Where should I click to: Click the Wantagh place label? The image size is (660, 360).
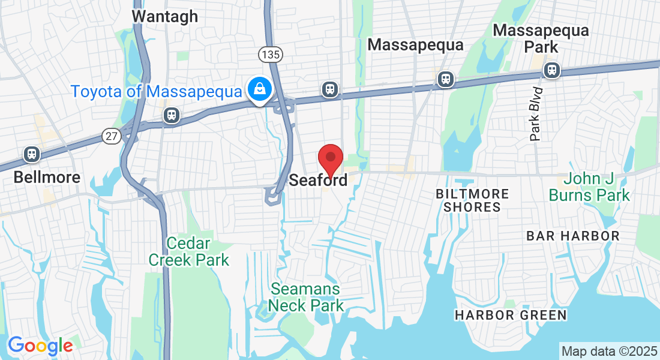(x=164, y=16)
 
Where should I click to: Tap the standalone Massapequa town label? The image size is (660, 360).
(x=415, y=45)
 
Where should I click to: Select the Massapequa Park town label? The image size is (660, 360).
(x=541, y=38)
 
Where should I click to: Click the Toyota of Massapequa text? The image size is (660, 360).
(x=156, y=92)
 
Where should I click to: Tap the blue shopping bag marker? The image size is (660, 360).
(x=259, y=89)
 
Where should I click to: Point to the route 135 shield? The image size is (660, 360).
(x=271, y=55)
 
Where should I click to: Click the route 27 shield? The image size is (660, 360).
(x=110, y=136)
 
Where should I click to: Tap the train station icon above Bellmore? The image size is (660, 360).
(x=32, y=154)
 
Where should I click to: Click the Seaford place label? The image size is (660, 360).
(x=318, y=180)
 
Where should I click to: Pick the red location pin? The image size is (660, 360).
(x=330, y=159)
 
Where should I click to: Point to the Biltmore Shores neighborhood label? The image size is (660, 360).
(x=472, y=200)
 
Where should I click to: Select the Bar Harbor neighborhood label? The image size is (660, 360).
(x=572, y=236)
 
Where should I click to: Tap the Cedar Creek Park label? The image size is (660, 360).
(x=189, y=251)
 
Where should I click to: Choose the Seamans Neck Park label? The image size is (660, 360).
(x=306, y=297)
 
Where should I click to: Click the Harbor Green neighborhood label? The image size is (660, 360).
(x=510, y=315)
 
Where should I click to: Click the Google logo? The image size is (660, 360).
(x=40, y=345)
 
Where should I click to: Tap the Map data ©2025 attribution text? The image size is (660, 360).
(x=608, y=350)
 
